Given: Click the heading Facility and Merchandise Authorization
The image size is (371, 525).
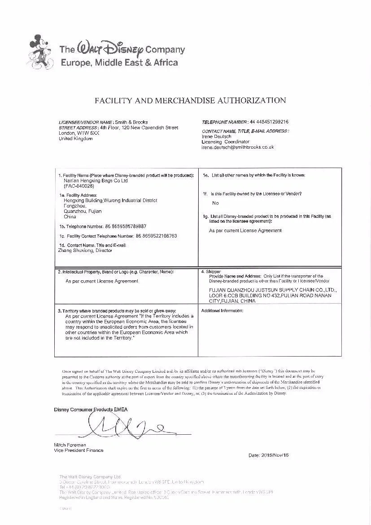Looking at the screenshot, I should pos(190,100).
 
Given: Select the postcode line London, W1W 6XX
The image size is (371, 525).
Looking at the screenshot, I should pos(79,133).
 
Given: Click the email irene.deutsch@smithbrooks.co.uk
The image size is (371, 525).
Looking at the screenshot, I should pos(238,147).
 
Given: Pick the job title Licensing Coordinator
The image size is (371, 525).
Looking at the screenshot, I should pos(225,142).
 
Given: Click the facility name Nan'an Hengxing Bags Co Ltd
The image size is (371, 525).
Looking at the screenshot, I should pos(96,181).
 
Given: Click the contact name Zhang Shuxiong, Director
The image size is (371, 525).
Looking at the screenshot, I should pos(85,251).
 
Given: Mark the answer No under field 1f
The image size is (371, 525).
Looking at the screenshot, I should pos(215,203).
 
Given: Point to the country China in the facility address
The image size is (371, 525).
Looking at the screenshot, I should pos(70,216).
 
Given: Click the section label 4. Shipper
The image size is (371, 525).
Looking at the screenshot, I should pos(211,272).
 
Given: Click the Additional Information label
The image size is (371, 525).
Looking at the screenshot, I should pos(222,311).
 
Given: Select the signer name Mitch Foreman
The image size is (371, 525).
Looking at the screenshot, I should pos(70,445).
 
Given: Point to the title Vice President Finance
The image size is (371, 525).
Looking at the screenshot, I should pos(79,450).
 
